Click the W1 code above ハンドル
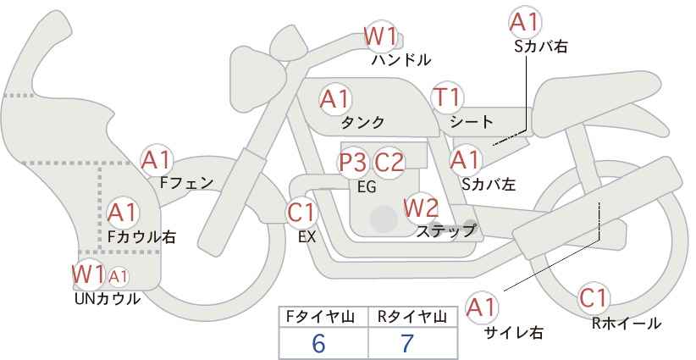pyautogui.click(x=380, y=36)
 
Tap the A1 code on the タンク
pyautogui.click(x=335, y=99)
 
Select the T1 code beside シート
pyautogui.click(x=447, y=97)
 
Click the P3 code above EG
pyautogui.click(x=354, y=163)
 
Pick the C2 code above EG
pyautogui.click(x=389, y=163)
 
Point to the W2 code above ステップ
pyautogui.click(x=421, y=208)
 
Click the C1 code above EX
pyautogui.click(x=301, y=213)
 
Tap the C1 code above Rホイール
pyautogui.click(x=594, y=298)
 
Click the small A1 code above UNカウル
pyautogui.click(x=119, y=276)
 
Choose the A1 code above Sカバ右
pyautogui.click(x=525, y=23)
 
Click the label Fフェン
pyautogui.click(x=186, y=183)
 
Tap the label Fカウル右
pyautogui.click(x=141, y=236)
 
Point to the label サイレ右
pyautogui.click(x=514, y=332)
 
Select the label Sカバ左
pyautogui.click(x=489, y=184)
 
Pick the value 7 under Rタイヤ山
pyautogui.click(x=407, y=343)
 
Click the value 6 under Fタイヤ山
pyautogui.click(x=318, y=343)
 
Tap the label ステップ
pyautogui.click(x=445, y=231)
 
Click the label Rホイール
pyautogui.click(x=627, y=324)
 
